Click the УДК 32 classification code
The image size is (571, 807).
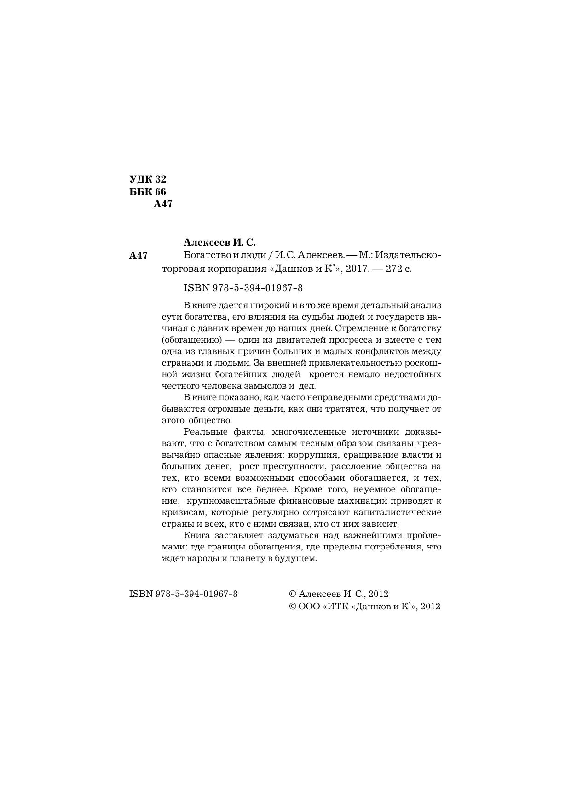[x=148, y=179]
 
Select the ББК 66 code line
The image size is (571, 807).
[x=148, y=191]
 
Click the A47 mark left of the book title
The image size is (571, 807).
[x=138, y=256]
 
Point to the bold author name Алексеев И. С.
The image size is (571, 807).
[x=219, y=242]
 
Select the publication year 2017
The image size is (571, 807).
[x=358, y=269]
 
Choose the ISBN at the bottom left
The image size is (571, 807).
[x=184, y=594]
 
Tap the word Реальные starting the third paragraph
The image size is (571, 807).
[x=204, y=432]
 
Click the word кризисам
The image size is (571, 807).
[x=182, y=512]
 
